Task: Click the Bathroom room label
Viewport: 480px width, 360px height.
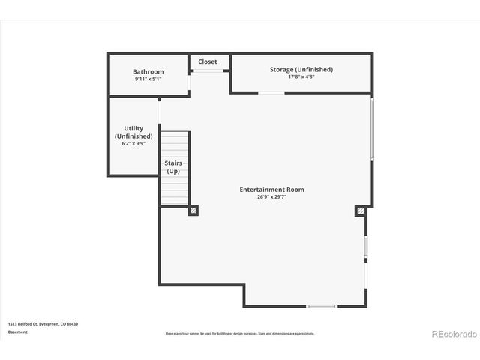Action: [148, 72]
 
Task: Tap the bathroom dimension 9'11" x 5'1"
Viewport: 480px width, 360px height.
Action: [148, 79]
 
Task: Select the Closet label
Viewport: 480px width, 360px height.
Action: [208, 61]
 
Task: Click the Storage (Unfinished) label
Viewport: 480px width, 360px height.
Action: [301, 69]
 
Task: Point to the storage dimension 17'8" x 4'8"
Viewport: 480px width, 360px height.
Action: [301, 76]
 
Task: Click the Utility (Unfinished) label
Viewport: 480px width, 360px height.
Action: [133, 133]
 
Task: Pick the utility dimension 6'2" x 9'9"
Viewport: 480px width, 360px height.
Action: [133, 143]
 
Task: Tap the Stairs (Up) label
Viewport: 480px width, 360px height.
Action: [173, 166]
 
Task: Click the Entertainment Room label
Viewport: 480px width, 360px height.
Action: [271, 190]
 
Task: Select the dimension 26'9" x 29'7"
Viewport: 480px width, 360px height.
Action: [271, 198]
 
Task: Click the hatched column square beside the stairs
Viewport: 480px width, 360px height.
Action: [193, 211]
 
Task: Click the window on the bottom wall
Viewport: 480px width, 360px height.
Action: [322, 306]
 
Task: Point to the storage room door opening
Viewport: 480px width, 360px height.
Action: [271, 93]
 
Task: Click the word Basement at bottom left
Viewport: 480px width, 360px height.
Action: [18, 331]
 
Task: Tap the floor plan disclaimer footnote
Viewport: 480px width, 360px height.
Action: [240, 334]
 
